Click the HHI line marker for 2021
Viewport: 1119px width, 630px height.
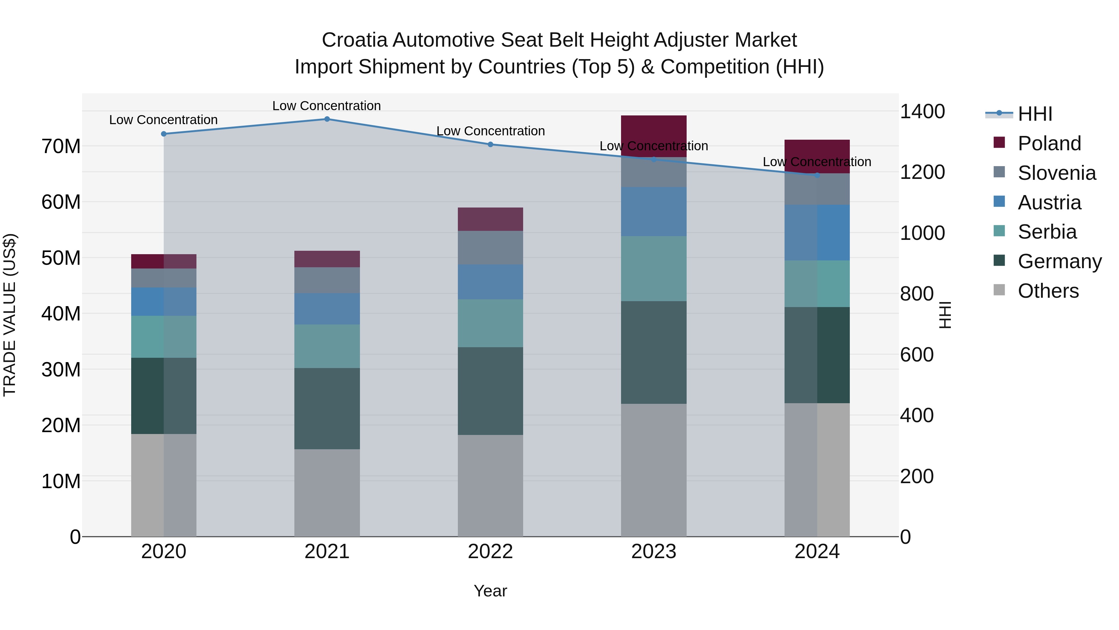click(x=327, y=119)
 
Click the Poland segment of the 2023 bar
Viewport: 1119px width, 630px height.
click(x=653, y=130)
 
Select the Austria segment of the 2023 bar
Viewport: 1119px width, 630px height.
click(x=653, y=212)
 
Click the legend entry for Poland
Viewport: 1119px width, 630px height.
click(x=1049, y=143)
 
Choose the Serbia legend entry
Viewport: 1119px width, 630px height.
click(x=1047, y=232)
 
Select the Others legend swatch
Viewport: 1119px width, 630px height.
click(x=999, y=290)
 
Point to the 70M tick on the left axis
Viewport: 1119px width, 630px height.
click(x=61, y=147)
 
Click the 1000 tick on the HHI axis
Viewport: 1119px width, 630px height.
click(x=922, y=233)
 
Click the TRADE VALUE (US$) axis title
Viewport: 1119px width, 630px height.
click(x=10, y=315)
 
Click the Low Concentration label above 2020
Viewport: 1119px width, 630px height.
click(x=163, y=119)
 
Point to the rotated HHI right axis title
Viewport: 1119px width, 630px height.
click(x=945, y=315)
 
